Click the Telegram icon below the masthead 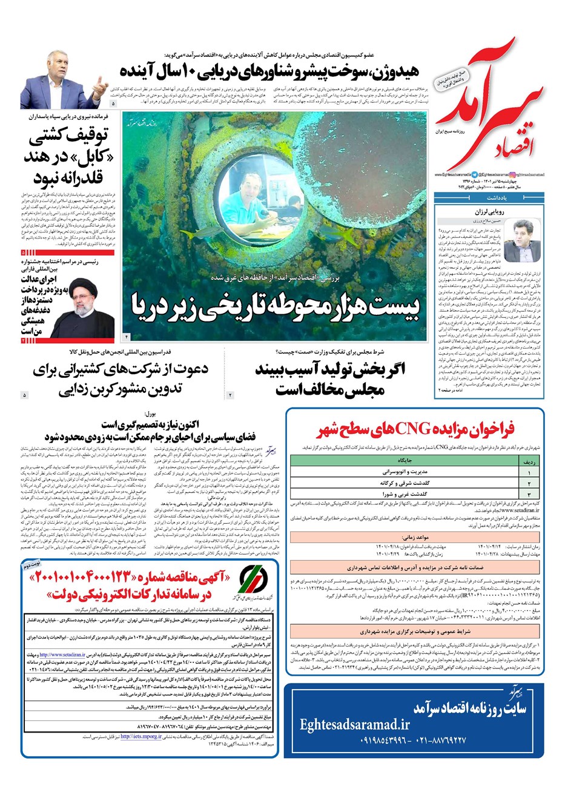coord(474,174)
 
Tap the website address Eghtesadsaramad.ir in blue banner coord(354,724)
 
